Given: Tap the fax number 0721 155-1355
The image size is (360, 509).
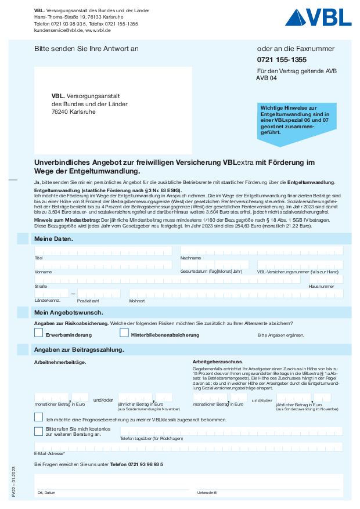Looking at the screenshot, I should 282,60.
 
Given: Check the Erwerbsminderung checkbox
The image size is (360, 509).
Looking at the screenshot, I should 39,333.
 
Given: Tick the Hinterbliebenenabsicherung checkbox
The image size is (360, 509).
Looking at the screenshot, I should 124,333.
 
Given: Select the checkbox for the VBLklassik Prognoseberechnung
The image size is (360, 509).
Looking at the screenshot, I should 39,417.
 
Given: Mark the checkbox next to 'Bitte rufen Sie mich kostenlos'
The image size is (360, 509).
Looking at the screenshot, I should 39,431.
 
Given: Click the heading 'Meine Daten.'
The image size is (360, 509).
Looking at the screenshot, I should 53,239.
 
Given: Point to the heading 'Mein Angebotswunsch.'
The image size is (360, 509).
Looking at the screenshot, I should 69,313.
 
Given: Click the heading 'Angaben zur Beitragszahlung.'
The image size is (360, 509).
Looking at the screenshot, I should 79,350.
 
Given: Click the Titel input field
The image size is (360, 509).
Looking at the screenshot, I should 103,250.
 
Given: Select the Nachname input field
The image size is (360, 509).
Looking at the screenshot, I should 261,250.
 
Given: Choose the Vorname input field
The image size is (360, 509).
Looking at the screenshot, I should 103,265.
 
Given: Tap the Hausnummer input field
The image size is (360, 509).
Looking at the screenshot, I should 326,279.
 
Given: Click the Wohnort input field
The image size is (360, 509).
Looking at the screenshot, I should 235,294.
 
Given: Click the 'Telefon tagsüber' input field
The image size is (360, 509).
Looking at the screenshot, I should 231,431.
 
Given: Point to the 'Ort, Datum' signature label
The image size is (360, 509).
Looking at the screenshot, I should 46,492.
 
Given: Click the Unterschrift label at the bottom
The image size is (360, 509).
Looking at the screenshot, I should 207,492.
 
